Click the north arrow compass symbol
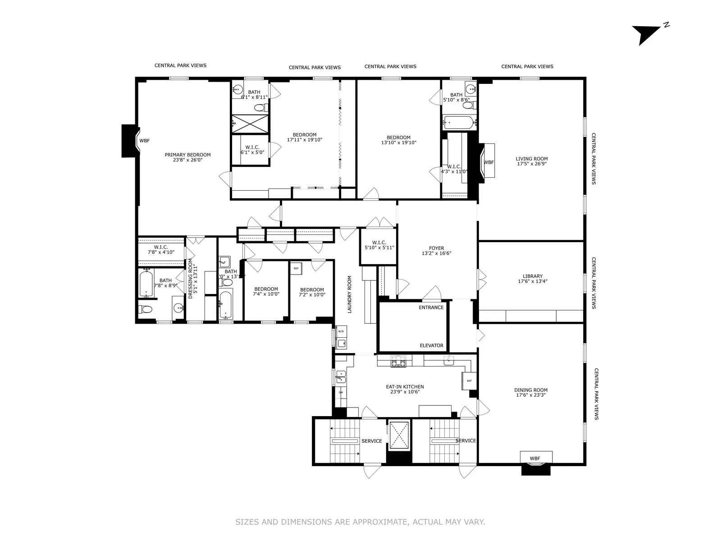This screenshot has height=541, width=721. point(643,34)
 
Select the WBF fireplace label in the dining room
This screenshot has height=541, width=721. point(535,458)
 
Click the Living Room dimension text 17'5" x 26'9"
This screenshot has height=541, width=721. point(532,164)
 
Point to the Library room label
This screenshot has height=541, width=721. point(533,276)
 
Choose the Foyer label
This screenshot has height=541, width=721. point(436,248)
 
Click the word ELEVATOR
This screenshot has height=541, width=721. point(431,345)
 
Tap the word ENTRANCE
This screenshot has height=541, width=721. point(431,307)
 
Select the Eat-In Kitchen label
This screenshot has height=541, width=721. point(405,387)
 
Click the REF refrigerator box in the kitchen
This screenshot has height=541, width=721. point(469,381)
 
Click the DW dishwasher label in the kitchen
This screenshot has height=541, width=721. point(341,392)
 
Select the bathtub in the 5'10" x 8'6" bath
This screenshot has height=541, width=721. point(459,122)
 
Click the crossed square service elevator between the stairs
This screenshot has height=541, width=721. point(399,435)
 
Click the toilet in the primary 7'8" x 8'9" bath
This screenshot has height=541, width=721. point(146,310)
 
